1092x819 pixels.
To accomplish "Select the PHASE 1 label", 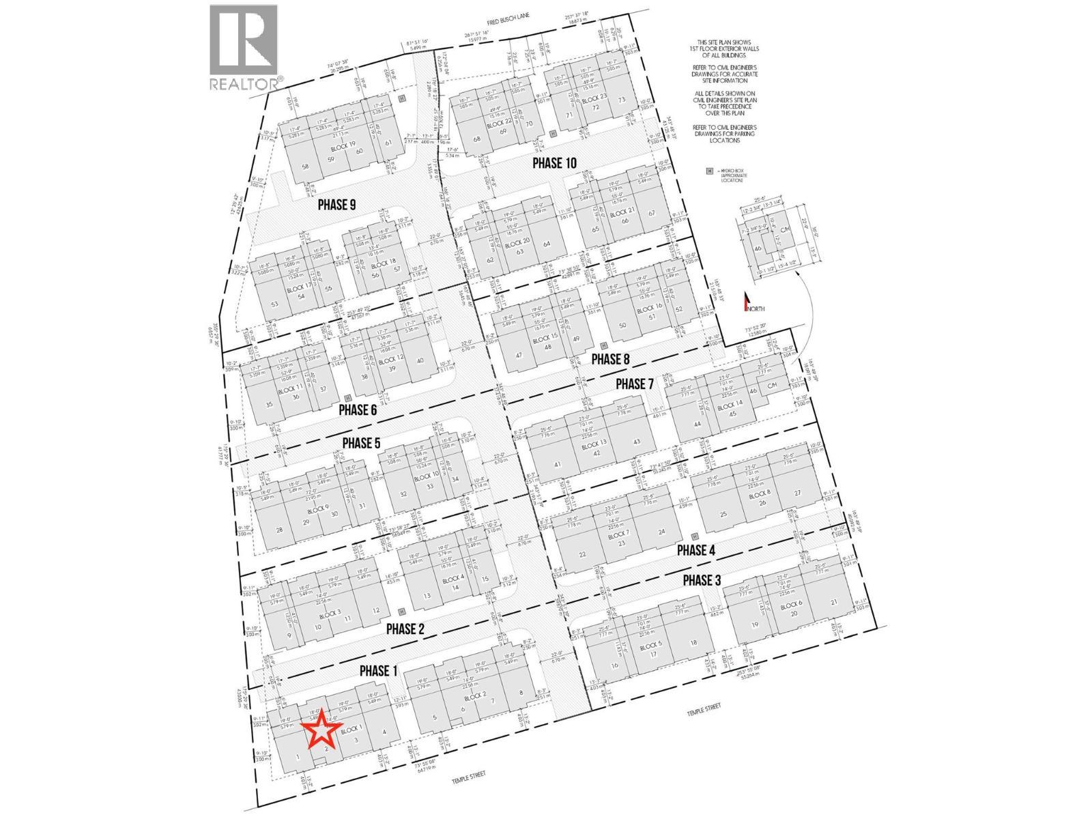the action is pos(378,671).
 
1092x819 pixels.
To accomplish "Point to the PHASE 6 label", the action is pos(367,410).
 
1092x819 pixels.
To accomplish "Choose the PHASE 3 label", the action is pos(711,580).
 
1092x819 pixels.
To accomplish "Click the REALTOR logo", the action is pos(244,48).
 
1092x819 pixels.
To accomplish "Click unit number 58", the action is pos(305,167).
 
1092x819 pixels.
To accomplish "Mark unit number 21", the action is pos(833,601).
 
